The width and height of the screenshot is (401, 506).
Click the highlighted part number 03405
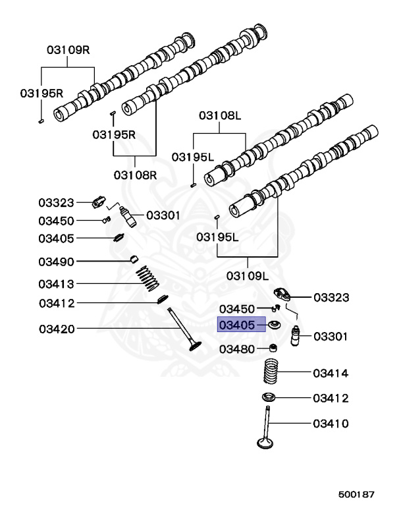(x=237, y=325)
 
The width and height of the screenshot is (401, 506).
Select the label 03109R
(x=68, y=50)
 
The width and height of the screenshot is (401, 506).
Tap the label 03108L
(x=220, y=115)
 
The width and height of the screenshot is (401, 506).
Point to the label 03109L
(x=248, y=276)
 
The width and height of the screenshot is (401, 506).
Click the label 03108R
(x=135, y=175)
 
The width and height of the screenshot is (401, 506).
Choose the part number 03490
(x=56, y=262)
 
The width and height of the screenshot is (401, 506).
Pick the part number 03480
(x=237, y=349)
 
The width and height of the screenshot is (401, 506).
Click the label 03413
(x=56, y=285)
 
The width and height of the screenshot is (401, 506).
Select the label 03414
(x=331, y=374)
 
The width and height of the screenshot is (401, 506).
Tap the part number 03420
(x=57, y=329)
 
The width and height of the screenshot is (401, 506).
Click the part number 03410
(x=331, y=424)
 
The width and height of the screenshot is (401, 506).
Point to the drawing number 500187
(x=356, y=494)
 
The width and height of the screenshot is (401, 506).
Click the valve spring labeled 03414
(x=271, y=371)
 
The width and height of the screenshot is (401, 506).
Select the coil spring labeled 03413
(x=147, y=278)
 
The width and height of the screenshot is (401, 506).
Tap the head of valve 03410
(x=265, y=443)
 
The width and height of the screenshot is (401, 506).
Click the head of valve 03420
(x=195, y=347)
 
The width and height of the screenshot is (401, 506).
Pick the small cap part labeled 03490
(x=134, y=258)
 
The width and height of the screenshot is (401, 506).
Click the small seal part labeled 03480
(x=273, y=348)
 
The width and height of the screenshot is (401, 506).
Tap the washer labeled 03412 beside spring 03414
(x=269, y=397)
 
